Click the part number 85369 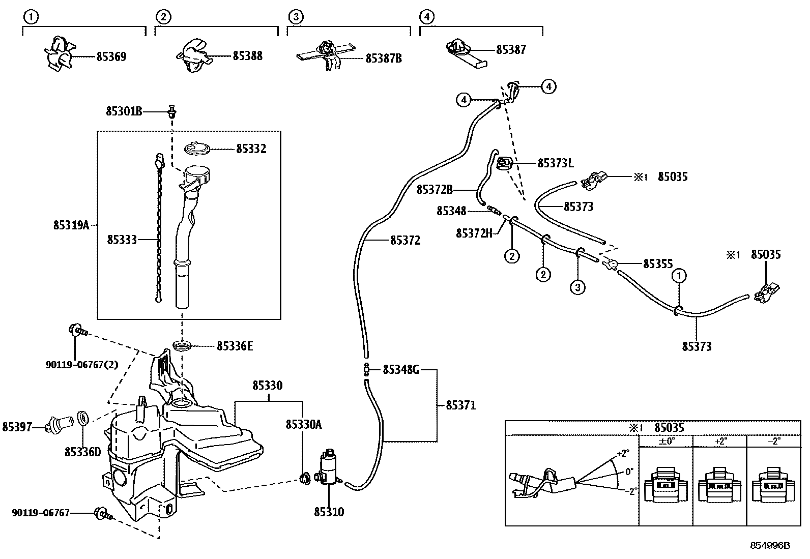tap(111, 56)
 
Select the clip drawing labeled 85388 tap(193, 56)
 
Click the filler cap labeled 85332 tap(196, 149)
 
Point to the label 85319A tap(71, 225)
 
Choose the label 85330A tap(304, 424)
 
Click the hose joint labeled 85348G tap(366, 370)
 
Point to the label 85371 tap(461, 405)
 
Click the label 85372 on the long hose tap(406, 240)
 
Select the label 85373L tap(556, 163)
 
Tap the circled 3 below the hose tap(577, 287)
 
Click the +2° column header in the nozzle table tap(720, 441)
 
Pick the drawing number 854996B tap(770, 545)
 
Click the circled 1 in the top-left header tap(31, 17)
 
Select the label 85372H tap(474, 233)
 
